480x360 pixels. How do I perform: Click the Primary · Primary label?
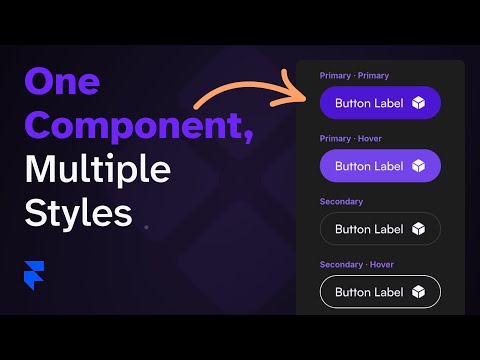pyautogui.click(x=354, y=76)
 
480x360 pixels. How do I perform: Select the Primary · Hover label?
pyautogui.click(x=351, y=138)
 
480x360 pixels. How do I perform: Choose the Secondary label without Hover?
pyautogui.click(x=341, y=201)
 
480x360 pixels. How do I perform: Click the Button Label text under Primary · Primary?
pyautogui.click(x=369, y=103)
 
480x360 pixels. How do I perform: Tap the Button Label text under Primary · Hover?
pyautogui.click(x=369, y=166)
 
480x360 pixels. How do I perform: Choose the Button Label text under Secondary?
pyautogui.click(x=369, y=229)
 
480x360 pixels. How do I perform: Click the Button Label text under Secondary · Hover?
pyautogui.click(x=369, y=292)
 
